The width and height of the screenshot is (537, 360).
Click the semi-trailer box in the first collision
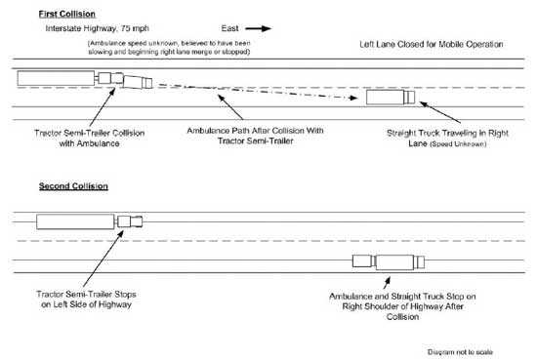54,78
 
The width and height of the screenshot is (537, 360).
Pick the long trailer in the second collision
74,221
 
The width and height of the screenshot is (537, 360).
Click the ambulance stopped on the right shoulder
363,260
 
